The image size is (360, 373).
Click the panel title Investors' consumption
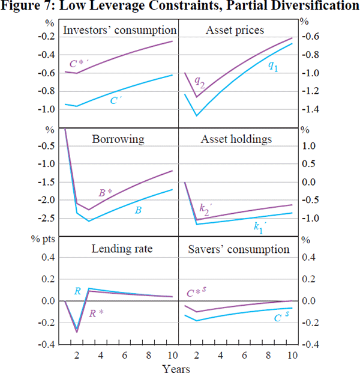tap(119, 31)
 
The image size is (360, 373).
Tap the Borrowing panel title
tap(118, 139)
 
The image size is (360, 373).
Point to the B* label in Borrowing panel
tap(106, 193)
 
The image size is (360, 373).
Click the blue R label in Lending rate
tap(77, 291)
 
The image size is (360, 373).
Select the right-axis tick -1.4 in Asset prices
tap(311, 109)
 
